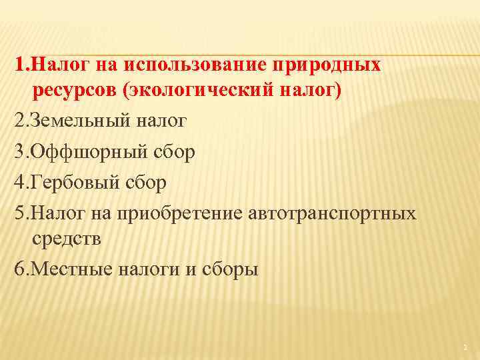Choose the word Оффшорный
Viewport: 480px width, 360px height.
pos(81,151)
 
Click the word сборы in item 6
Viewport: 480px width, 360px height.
pos(229,269)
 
